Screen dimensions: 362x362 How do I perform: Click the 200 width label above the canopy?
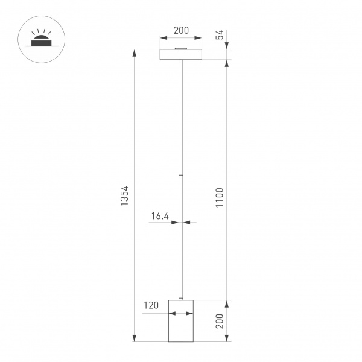[180, 30]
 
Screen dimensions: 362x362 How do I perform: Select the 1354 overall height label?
[125, 196]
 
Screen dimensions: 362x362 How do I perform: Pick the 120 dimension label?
[151, 305]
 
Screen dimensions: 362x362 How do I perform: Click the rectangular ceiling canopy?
[180, 54]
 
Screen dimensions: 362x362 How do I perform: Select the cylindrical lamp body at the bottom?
[180, 320]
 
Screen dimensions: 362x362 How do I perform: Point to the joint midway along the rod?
[180, 175]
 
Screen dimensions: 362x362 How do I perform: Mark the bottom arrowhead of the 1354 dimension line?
[134, 339]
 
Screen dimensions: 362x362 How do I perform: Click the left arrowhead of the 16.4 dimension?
[176, 223]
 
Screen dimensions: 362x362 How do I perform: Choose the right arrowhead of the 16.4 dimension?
[185, 223]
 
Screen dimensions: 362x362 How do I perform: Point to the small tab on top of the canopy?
[180, 48]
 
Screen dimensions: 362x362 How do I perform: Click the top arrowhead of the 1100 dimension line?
[227, 63]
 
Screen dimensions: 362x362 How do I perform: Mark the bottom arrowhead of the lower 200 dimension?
[227, 339]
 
